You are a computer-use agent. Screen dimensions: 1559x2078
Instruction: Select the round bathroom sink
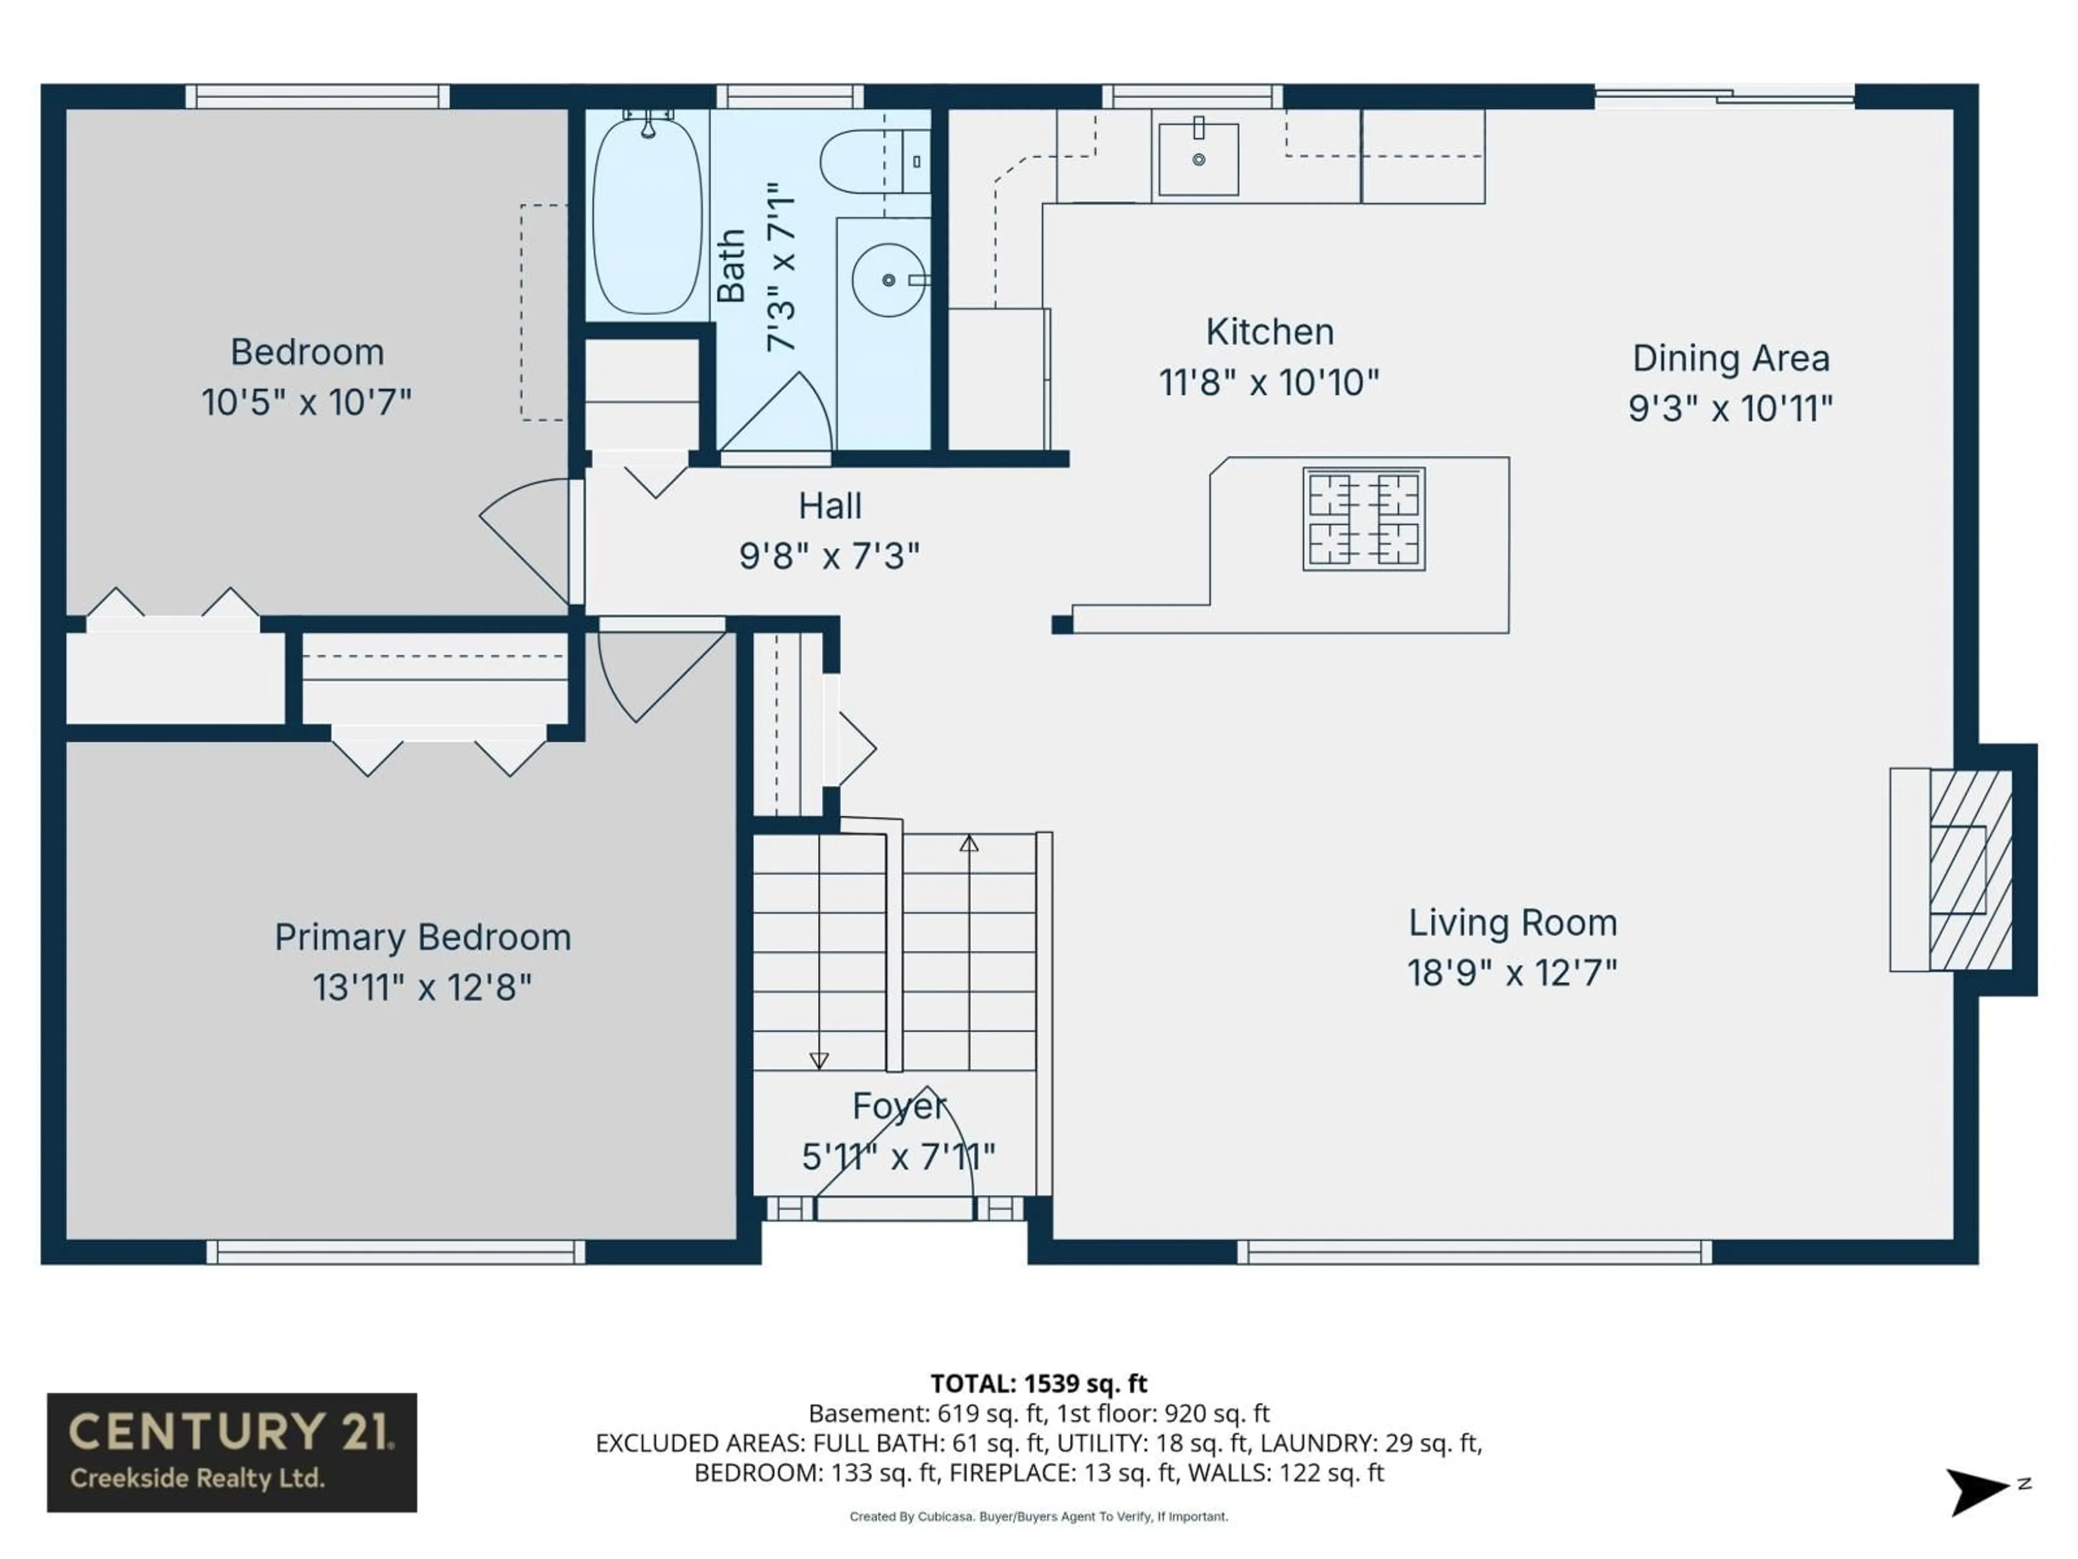click(x=888, y=280)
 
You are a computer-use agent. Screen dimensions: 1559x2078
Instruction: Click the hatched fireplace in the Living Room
click(x=1970, y=869)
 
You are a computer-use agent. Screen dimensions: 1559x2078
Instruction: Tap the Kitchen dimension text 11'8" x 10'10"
click(x=1268, y=383)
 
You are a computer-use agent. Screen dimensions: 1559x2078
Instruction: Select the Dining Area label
click(x=1731, y=358)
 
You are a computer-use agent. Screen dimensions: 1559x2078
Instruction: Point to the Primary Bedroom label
click(x=423, y=937)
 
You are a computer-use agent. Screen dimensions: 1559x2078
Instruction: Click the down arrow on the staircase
click(x=819, y=1060)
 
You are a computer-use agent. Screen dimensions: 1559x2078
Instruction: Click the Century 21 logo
click(x=232, y=1452)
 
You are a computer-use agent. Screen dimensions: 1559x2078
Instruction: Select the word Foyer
click(x=898, y=1106)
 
